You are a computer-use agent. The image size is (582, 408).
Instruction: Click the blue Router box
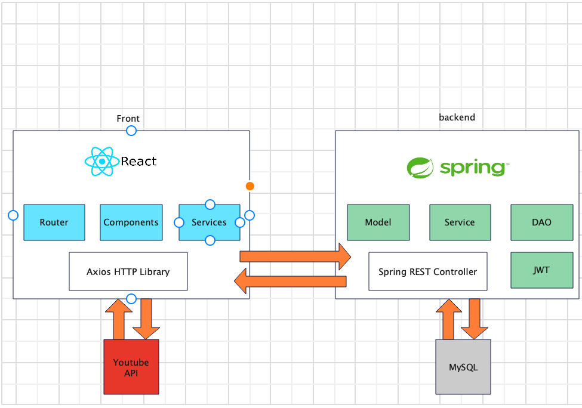tap(54, 222)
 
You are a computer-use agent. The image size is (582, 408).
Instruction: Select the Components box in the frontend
tap(131, 222)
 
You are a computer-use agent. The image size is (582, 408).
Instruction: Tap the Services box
tap(209, 222)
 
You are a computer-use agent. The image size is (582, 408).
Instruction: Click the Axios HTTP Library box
tap(128, 271)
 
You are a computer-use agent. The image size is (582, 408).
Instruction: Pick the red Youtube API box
tap(131, 367)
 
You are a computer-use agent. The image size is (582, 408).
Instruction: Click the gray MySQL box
tap(463, 367)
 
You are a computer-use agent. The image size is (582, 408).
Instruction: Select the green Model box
tap(378, 222)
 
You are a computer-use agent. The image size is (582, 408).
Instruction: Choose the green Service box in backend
tap(460, 222)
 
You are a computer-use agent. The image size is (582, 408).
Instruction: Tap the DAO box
tap(541, 222)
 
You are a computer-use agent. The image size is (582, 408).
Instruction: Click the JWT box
tap(541, 270)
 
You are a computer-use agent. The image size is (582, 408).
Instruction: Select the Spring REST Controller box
tap(427, 271)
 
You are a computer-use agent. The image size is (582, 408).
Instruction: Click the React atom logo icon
tap(102, 162)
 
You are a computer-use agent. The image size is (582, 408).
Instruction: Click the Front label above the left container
tap(128, 119)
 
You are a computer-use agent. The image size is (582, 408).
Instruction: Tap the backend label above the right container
tap(457, 118)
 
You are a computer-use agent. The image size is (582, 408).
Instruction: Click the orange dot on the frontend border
tap(250, 186)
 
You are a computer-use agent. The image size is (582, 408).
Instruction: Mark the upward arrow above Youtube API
tap(118, 319)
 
